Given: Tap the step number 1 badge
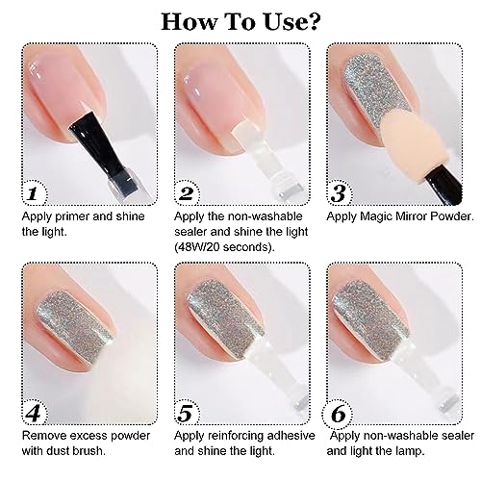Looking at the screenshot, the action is tap(34, 193).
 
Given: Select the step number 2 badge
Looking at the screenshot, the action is tap(187, 193).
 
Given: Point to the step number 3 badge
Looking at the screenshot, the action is tap(339, 193).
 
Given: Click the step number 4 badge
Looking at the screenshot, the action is tap(34, 413).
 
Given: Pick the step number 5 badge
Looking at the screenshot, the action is tap(187, 413).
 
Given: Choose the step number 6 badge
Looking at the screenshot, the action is tap(339, 414).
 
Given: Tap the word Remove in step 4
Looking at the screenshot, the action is tap(44, 436).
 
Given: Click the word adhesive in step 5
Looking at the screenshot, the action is tap(291, 436).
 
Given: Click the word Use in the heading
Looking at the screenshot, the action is tap(285, 21).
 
